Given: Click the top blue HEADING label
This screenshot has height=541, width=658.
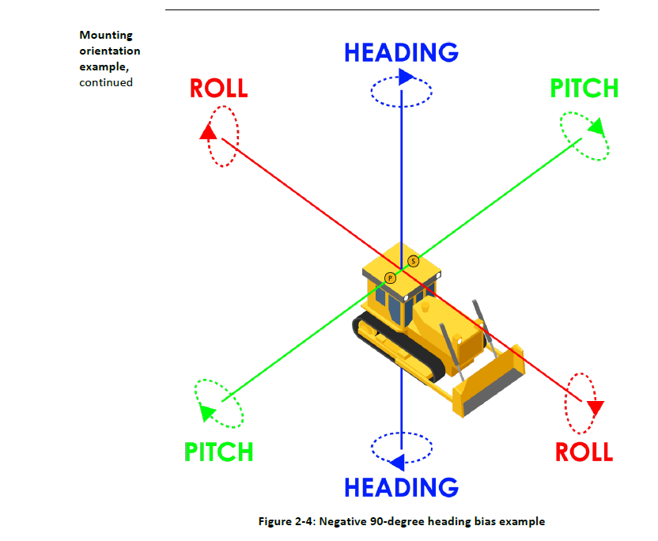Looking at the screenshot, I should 401,53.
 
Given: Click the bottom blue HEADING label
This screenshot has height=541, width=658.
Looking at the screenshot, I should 401,487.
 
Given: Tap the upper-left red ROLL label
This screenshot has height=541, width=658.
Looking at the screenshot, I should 218,88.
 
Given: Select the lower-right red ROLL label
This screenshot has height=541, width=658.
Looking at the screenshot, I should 584,452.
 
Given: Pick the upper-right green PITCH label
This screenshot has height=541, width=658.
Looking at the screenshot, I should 584,89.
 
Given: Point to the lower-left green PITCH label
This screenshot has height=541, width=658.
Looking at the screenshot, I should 219,452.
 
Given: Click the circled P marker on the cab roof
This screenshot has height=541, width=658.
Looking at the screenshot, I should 390,278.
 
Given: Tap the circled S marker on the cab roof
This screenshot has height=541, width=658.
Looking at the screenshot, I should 413,261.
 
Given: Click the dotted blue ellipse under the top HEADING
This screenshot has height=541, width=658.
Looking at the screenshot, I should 401,91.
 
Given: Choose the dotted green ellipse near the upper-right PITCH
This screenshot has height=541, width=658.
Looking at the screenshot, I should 584,135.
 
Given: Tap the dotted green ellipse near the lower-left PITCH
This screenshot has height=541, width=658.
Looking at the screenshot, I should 218,403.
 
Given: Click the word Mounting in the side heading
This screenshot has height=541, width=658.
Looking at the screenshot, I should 106,35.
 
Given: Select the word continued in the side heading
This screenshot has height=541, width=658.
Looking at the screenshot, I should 106,81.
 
